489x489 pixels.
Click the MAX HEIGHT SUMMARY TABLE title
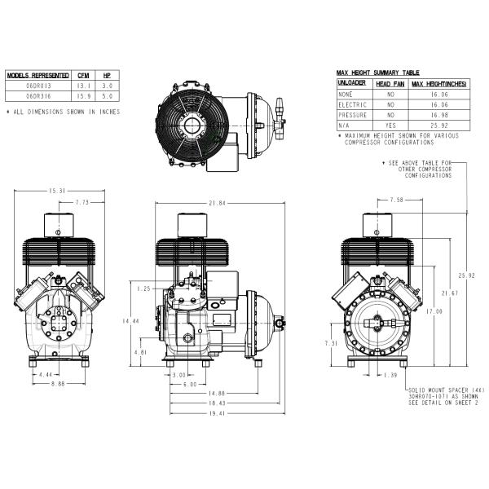tap(377, 73)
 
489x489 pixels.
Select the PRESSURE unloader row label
tap(354, 115)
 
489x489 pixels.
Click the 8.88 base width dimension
tap(57, 384)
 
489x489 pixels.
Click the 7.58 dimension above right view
tap(397, 199)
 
